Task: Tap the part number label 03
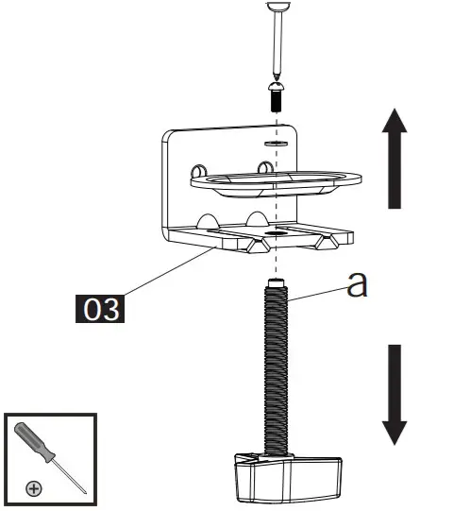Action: click(x=101, y=309)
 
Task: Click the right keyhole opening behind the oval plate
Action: click(x=266, y=168)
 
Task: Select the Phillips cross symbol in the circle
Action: click(x=34, y=487)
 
